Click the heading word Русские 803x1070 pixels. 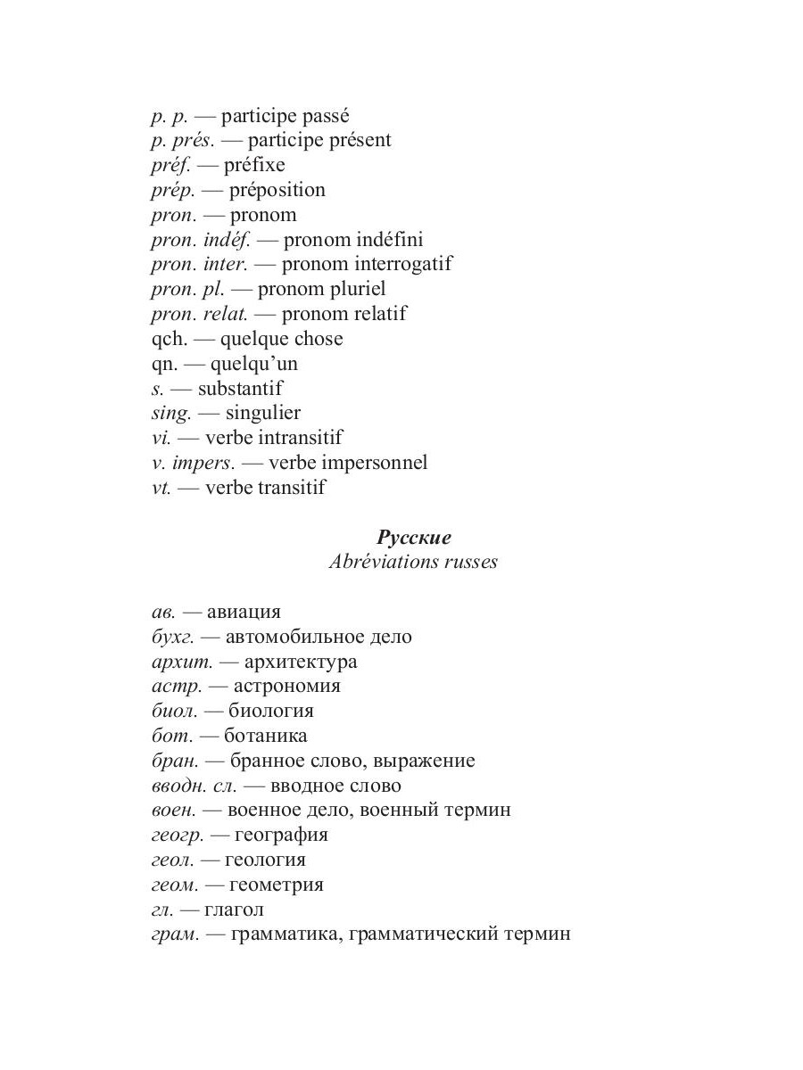click(x=414, y=538)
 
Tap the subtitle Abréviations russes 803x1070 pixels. click(x=413, y=563)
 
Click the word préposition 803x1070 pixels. click(x=277, y=191)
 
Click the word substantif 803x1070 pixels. click(x=240, y=389)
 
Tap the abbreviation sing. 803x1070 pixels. click(x=171, y=414)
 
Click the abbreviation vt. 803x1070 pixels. click(x=161, y=489)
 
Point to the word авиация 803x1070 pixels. click(x=244, y=613)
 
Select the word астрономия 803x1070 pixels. click(x=287, y=687)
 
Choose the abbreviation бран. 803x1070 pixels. click(x=174, y=761)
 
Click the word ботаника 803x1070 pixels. click(x=267, y=737)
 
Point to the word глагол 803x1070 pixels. click(x=234, y=910)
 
